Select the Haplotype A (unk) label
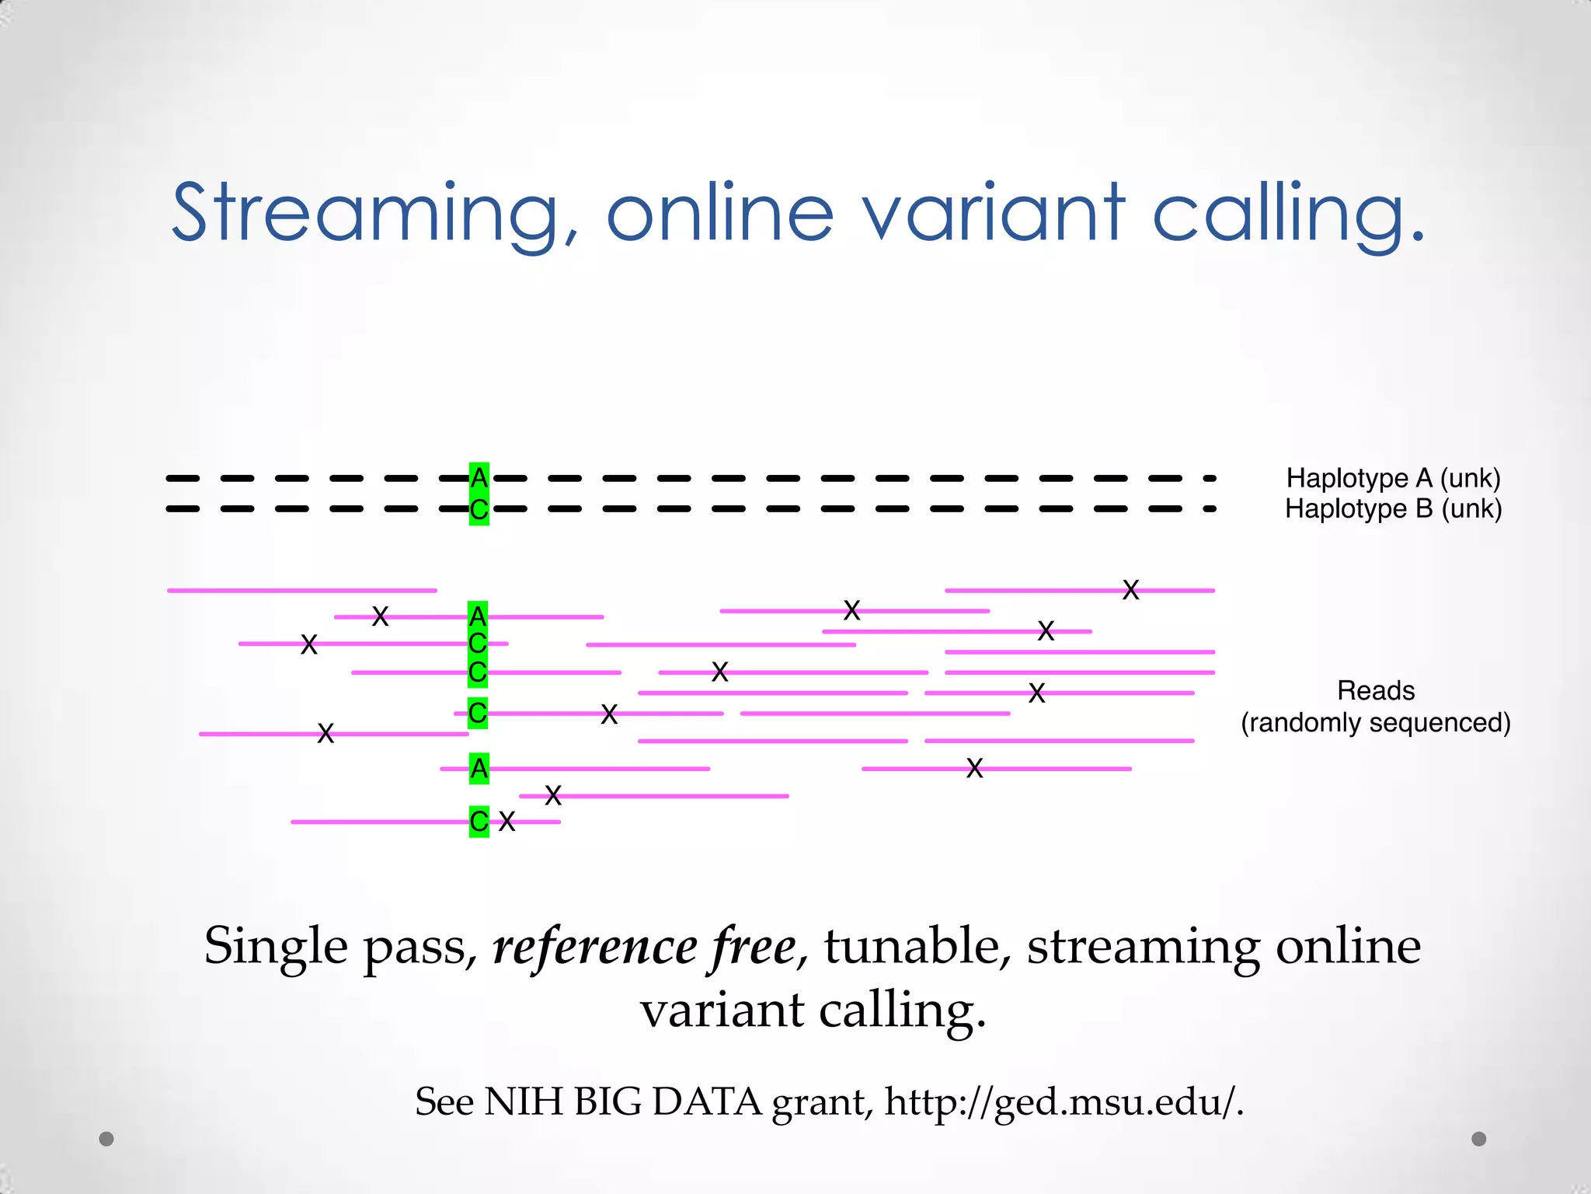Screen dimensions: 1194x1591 click(x=1393, y=478)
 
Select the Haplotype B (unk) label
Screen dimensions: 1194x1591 click(x=1393, y=509)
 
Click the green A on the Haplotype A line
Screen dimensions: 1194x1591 click(x=479, y=477)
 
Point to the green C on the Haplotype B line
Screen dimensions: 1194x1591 click(x=479, y=511)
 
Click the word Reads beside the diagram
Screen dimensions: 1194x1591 click(x=1376, y=690)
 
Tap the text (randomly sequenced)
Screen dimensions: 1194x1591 click(x=1376, y=722)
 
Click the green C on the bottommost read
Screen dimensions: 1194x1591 click(x=479, y=821)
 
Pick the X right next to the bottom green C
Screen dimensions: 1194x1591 click(x=507, y=822)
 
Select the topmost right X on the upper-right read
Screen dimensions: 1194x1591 click(x=1131, y=590)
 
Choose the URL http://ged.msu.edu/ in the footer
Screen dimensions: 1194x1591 click(x=1064, y=1101)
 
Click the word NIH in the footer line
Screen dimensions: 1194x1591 click(x=523, y=1101)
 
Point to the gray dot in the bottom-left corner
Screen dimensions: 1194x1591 click(x=106, y=1139)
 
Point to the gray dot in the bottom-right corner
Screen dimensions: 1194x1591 click(x=1479, y=1139)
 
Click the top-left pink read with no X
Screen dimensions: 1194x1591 click(x=301, y=591)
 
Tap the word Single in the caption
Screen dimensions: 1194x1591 click(x=276, y=947)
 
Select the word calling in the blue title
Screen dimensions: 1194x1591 click(x=1290, y=211)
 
